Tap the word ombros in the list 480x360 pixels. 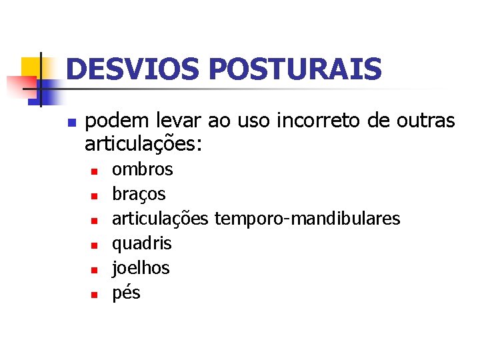coord(142,169)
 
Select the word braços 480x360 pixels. coord(139,194)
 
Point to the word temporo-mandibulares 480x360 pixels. coord(307,219)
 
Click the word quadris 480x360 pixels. coord(141,243)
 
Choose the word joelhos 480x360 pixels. coord(141,268)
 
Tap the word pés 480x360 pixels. coord(126,293)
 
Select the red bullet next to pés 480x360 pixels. coord(95,294)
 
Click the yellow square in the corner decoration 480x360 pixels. coord(31,67)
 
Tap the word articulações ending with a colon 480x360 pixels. coord(143,145)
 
